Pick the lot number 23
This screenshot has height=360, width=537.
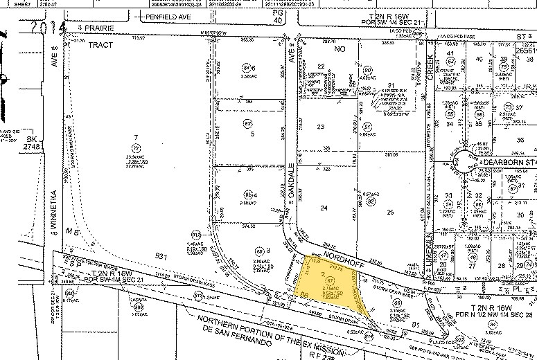click(320, 127)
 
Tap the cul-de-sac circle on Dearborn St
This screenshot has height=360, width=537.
click(461, 163)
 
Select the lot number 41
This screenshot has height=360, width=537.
click(450, 53)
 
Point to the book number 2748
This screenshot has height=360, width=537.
click(10, 147)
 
